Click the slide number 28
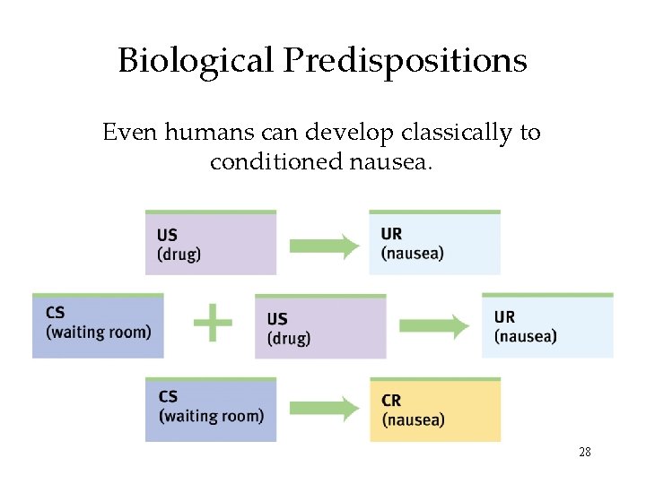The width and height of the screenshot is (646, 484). coord(584,453)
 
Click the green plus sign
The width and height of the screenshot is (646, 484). coord(213,323)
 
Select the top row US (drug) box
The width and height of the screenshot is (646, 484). coord(211,243)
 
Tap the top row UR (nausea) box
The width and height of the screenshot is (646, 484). coord(434,243)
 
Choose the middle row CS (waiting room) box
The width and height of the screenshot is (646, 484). coord(98,325)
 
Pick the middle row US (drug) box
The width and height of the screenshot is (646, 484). coord(320,326)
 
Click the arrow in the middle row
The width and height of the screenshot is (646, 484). coord(434,326)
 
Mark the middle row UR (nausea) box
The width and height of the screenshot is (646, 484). coord(547,325)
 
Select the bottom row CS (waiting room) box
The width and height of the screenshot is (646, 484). coord(211,410)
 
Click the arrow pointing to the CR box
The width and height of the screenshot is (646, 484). coord(324,410)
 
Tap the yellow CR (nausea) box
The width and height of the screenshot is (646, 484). coord(435,410)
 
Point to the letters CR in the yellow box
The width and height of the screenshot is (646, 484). coord(391,401)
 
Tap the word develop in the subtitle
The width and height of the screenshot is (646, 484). coord(349,133)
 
